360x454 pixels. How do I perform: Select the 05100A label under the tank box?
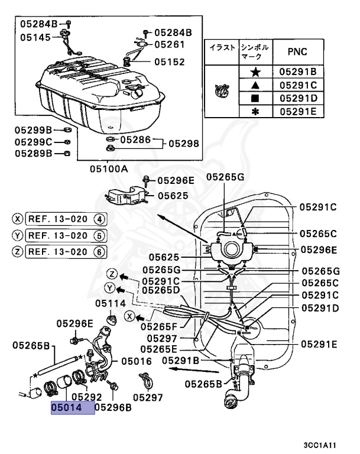[109, 168]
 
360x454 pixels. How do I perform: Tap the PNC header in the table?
[297, 51]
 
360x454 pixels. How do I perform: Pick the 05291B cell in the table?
[298, 72]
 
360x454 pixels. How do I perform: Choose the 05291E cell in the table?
[298, 111]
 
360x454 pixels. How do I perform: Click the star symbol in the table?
[255, 72]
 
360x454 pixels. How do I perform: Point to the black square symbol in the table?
[255, 98]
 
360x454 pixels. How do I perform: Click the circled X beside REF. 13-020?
[18, 219]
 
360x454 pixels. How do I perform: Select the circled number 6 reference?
[99, 251]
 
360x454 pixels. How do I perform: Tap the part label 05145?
[35, 37]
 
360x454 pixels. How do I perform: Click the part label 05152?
[170, 61]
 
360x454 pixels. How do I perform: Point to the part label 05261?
[170, 44]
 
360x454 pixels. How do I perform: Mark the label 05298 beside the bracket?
[184, 144]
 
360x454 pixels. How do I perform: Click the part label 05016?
[137, 360]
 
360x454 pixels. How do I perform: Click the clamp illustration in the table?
[221, 90]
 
